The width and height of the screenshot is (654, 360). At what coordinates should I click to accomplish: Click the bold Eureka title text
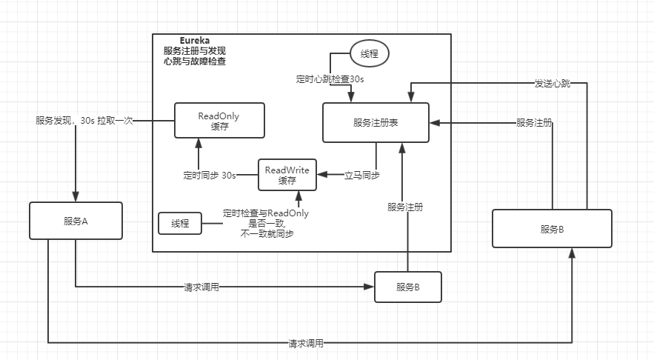click(196, 40)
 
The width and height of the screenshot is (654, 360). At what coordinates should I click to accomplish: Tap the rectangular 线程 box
click(180, 223)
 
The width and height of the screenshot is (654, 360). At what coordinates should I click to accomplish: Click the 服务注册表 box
click(376, 122)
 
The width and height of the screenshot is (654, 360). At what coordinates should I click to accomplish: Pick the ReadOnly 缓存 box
click(218, 121)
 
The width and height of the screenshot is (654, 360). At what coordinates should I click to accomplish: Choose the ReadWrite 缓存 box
click(287, 175)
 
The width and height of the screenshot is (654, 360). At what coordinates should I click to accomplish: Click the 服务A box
click(76, 221)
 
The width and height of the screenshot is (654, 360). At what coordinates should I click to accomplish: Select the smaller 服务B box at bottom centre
click(408, 287)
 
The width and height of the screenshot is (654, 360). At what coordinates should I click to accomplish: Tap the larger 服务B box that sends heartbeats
click(552, 228)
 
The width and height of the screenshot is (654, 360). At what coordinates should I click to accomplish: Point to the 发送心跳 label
click(553, 84)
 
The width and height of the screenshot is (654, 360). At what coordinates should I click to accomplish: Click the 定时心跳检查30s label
click(329, 79)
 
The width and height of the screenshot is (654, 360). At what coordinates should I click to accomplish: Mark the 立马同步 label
click(362, 176)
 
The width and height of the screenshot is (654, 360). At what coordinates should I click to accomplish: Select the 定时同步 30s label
click(210, 176)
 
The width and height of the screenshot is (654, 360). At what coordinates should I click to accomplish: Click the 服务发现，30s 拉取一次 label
click(84, 120)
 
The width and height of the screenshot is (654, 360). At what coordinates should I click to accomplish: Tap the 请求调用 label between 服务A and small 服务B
click(201, 287)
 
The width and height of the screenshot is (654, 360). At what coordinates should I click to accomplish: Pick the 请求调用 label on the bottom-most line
click(307, 344)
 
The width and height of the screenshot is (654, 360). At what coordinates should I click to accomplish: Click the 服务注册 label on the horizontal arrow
click(534, 122)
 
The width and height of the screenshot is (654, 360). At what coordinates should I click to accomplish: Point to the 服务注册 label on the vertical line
click(405, 207)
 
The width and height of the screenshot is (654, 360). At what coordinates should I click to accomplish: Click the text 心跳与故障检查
click(195, 61)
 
